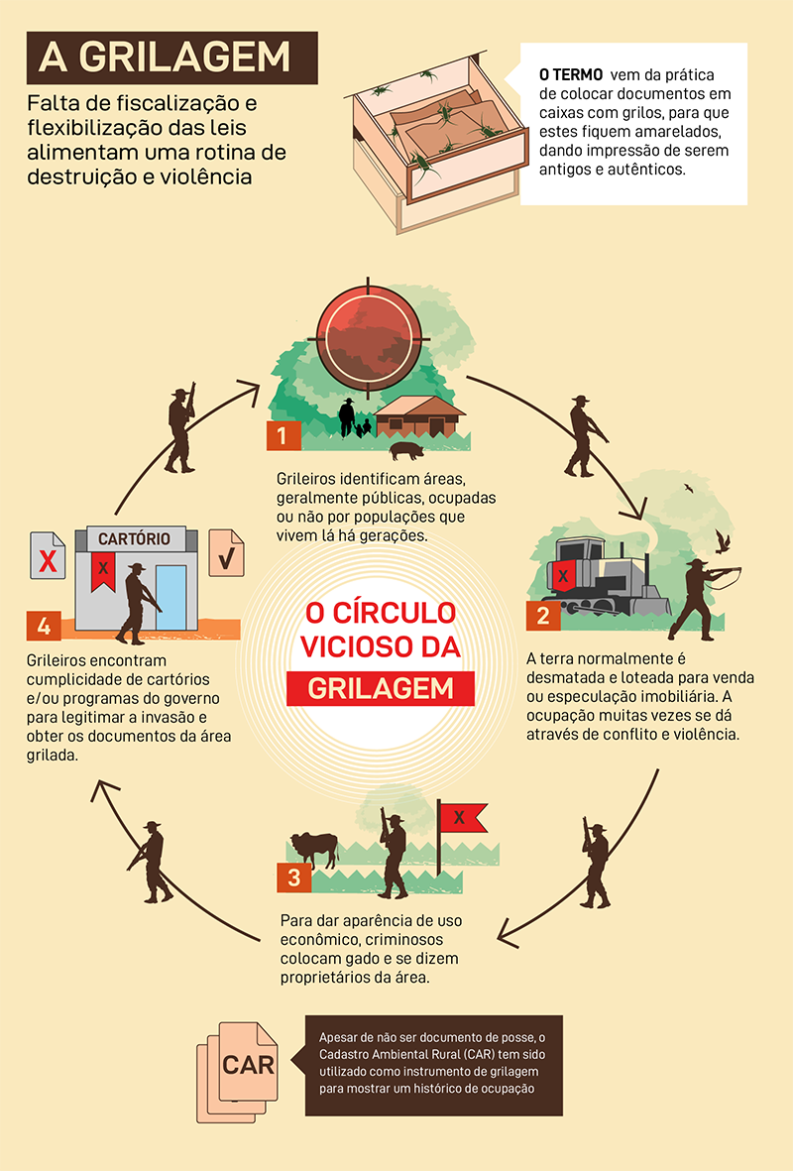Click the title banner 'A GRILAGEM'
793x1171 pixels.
tap(171, 58)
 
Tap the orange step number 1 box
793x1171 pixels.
tap(283, 435)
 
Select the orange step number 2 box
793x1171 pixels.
tap(543, 616)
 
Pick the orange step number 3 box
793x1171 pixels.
tap(294, 878)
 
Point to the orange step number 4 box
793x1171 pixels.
tap(44, 626)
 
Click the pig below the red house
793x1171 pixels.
tap(407, 450)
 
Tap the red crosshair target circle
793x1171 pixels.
tap(368, 337)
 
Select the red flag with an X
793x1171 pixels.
tap(460, 818)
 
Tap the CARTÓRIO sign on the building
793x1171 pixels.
tap(135, 538)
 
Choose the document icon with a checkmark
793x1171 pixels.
tap(226, 552)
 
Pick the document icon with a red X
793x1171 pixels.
tap(48, 555)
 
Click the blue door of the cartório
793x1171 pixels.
tap(171, 598)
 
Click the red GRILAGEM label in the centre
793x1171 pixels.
tap(381, 688)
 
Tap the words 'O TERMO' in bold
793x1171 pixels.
tap(571, 74)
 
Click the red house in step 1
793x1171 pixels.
tap(419, 416)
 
